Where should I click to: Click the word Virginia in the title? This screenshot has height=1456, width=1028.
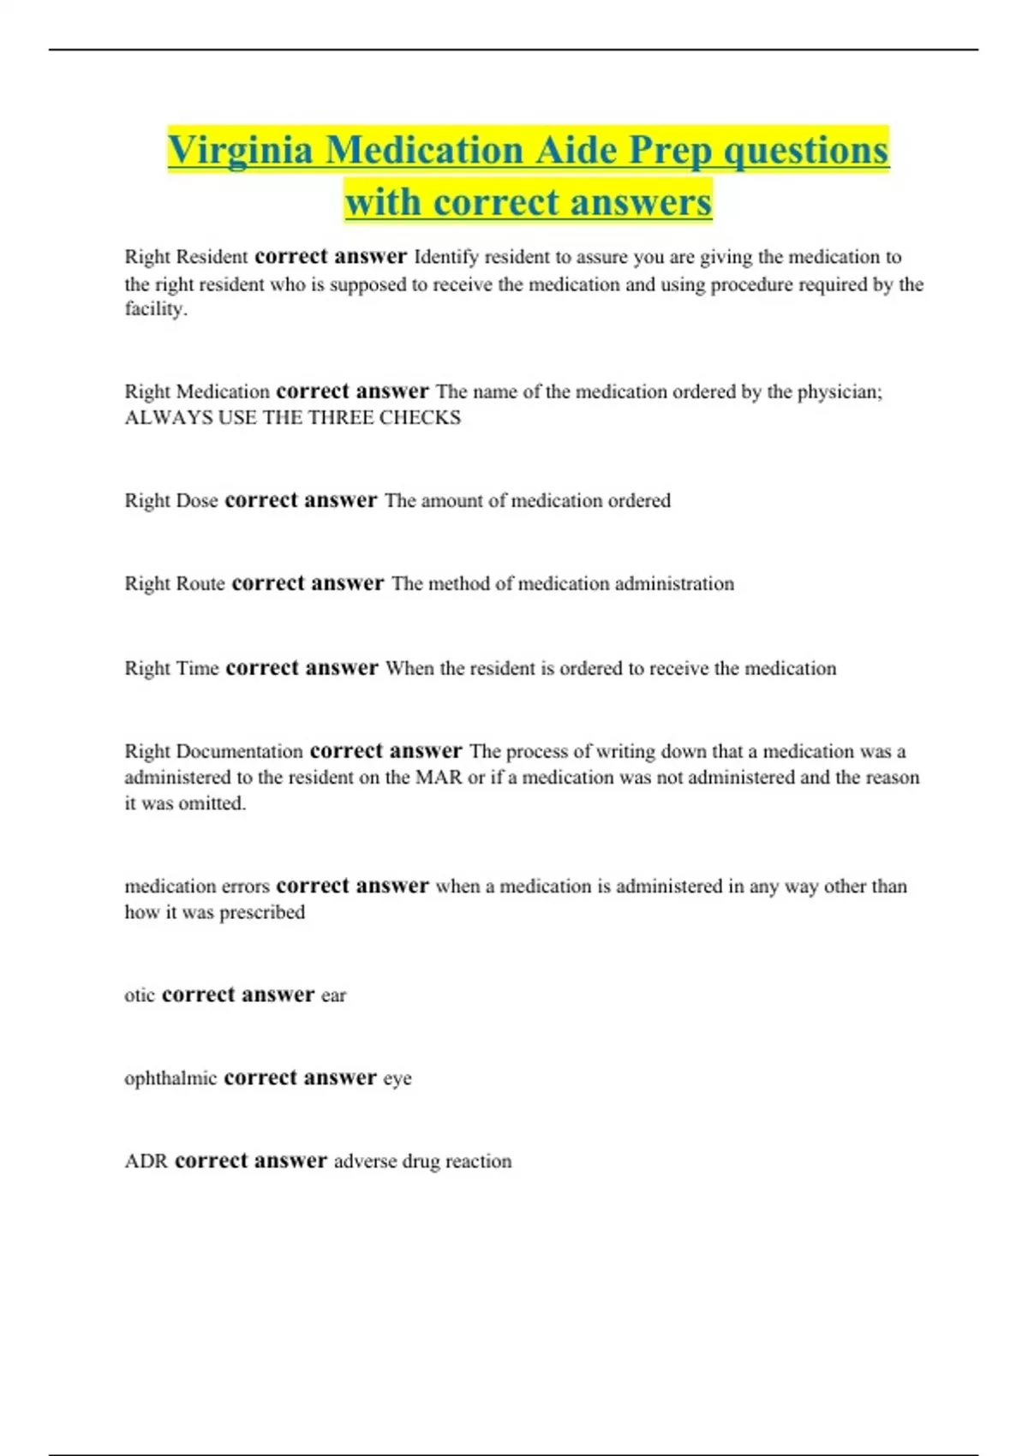(x=240, y=152)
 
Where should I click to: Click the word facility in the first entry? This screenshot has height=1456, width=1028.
(x=154, y=309)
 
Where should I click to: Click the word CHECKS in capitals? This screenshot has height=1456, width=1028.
(x=420, y=418)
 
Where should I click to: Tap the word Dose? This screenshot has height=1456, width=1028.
(x=196, y=501)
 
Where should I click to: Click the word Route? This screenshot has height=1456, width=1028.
(x=200, y=584)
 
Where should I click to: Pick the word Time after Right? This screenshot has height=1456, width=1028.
(x=197, y=669)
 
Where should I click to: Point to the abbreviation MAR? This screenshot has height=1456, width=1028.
(x=439, y=778)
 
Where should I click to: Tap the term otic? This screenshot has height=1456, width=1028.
(x=140, y=995)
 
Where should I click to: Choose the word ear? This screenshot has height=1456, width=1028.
(x=333, y=996)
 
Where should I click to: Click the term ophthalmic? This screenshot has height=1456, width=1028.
(x=170, y=1078)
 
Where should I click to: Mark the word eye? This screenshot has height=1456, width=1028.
(x=397, y=1079)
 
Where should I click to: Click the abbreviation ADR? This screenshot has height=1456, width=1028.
(x=146, y=1161)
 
